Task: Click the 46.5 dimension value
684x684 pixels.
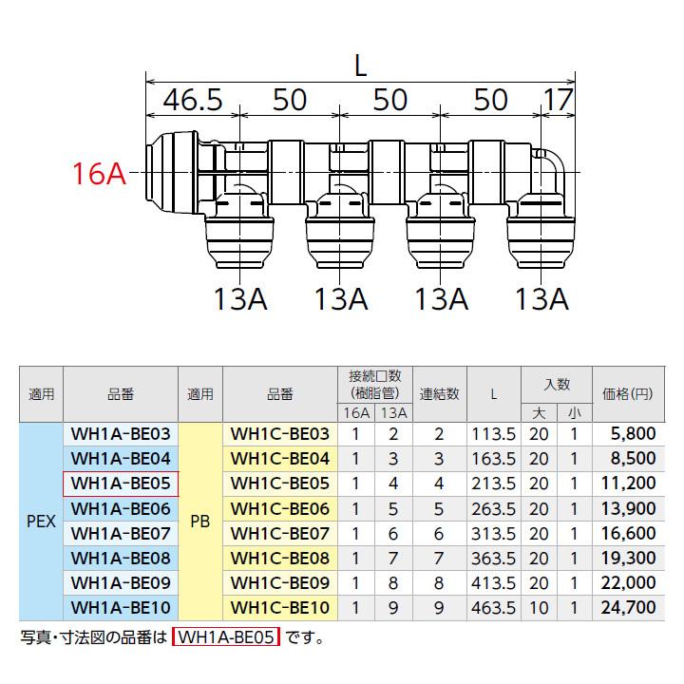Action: click(185, 100)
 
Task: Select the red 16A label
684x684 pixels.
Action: click(100, 174)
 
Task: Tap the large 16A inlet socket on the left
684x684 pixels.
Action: click(171, 171)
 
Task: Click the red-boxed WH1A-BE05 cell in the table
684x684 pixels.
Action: click(120, 483)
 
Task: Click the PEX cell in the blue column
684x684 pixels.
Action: click(41, 521)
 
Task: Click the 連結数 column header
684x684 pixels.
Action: click(439, 393)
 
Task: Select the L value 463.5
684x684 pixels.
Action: click(494, 606)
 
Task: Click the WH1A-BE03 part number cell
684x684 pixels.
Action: click(120, 433)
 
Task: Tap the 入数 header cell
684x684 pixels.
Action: click(556, 384)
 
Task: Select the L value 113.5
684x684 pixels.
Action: click(494, 433)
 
